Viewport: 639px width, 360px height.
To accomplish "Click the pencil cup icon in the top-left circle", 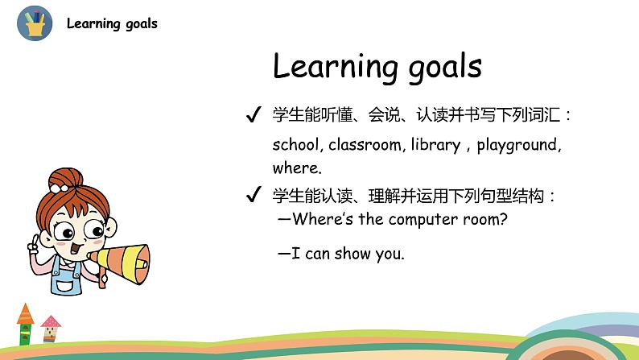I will click(x=35, y=23).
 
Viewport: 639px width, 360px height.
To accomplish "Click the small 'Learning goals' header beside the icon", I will click(x=112, y=23).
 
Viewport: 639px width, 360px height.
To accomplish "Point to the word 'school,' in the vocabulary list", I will click(x=298, y=146).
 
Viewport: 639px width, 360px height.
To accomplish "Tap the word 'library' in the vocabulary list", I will click(x=435, y=146).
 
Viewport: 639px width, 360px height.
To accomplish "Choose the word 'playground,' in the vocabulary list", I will click(x=519, y=146).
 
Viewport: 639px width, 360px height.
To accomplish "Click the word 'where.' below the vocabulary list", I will click(x=297, y=168).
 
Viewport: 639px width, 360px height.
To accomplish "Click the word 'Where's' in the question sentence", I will click(x=321, y=219).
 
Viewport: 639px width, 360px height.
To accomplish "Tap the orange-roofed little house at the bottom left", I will click(x=26, y=321).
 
